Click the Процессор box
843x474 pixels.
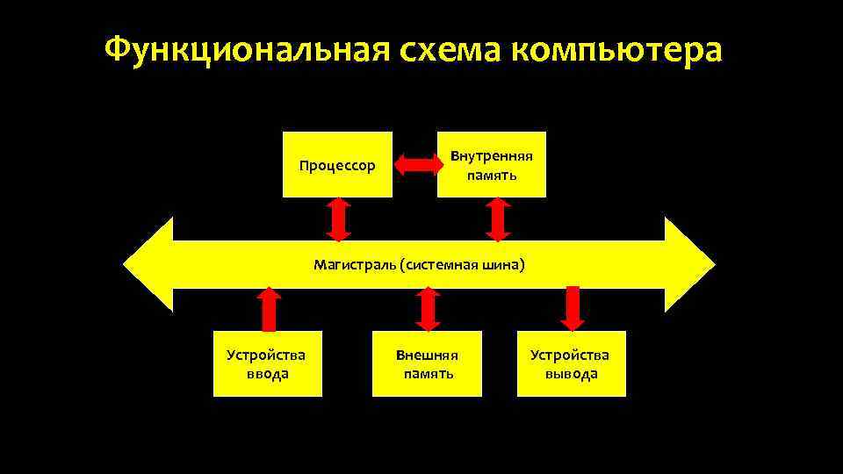tap(337, 164)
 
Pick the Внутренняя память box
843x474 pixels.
tap(491, 164)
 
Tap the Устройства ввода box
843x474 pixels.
tap(267, 363)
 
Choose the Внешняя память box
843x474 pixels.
tap(427, 363)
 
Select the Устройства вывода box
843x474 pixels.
tap(571, 363)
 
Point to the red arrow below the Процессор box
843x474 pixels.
tap(338, 219)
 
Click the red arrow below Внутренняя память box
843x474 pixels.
tap(498, 219)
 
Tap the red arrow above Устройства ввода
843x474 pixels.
tap(270, 309)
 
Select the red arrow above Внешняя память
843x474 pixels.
tap(428, 309)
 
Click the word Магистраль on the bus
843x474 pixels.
tap(354, 264)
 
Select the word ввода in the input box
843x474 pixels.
tap(267, 374)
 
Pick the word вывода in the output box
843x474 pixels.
tap(571, 374)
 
